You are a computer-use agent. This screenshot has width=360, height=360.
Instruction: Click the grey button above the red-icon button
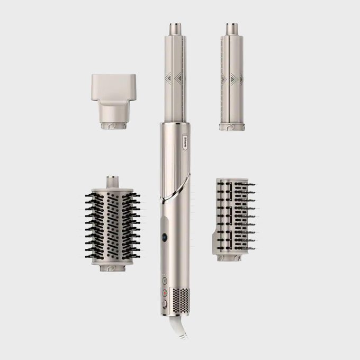click(x=165, y=281)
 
